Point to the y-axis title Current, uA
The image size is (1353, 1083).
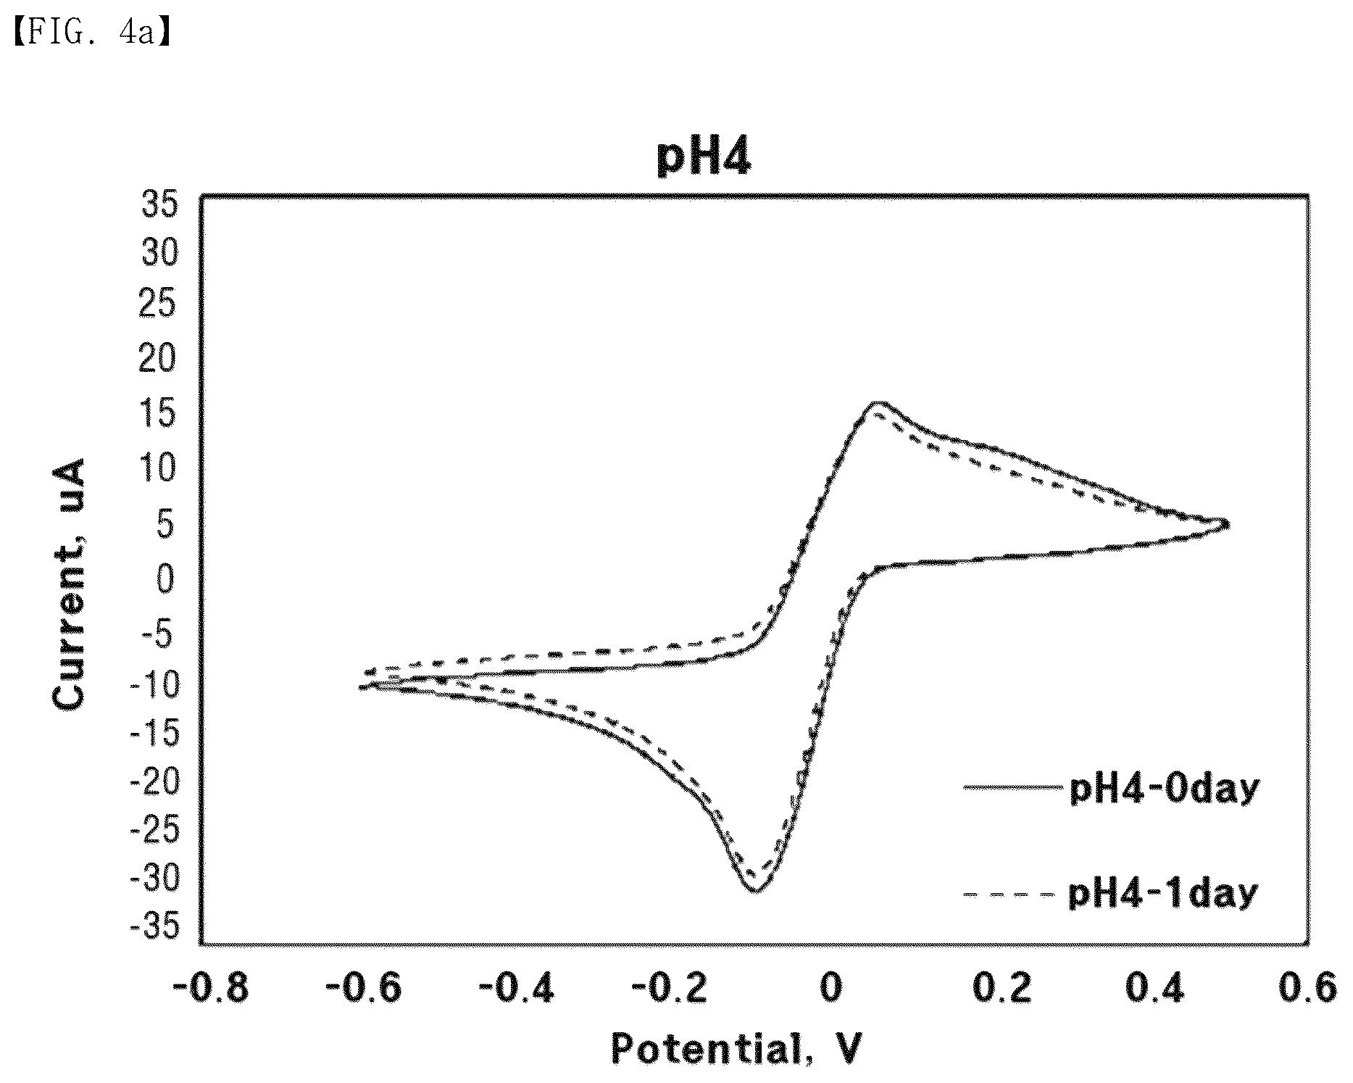pyautogui.click(x=70, y=584)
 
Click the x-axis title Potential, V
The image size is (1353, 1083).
pyautogui.click(x=736, y=1048)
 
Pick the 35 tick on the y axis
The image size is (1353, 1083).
pyautogui.click(x=159, y=205)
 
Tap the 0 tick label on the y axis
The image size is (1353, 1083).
pyautogui.click(x=167, y=579)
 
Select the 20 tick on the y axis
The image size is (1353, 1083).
pyautogui.click(x=159, y=360)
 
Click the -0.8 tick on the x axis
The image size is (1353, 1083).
pyautogui.click(x=211, y=988)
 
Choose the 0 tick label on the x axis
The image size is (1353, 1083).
pyautogui.click(x=831, y=988)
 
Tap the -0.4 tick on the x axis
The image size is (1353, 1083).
pyautogui.click(x=517, y=988)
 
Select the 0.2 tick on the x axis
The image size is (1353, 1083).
pyautogui.click(x=1002, y=988)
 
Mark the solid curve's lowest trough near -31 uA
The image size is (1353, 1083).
pyautogui.click(x=755, y=890)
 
